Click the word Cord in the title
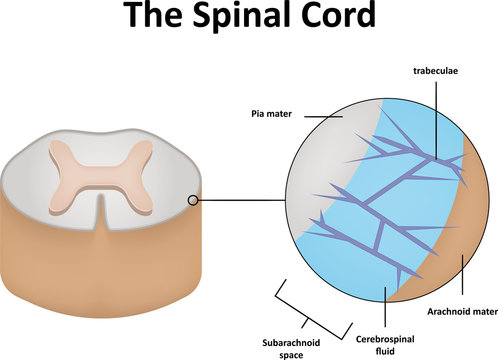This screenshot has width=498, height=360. point(337,18)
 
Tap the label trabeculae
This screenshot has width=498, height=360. point(435,71)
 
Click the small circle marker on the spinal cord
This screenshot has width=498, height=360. point(193,201)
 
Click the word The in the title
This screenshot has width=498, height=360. point(152,18)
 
